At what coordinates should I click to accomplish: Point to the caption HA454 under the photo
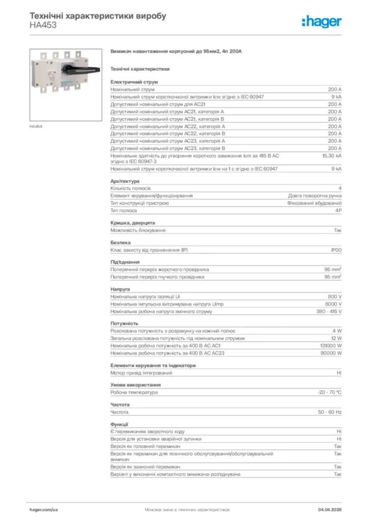(36, 126)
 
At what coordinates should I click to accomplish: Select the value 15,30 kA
(332, 156)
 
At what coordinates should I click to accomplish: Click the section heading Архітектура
(125, 181)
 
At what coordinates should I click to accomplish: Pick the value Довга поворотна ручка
(315, 196)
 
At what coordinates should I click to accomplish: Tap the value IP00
(336, 250)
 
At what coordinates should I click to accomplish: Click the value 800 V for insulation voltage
(334, 297)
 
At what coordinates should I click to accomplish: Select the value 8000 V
(333, 304)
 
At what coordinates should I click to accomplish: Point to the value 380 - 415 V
(329, 311)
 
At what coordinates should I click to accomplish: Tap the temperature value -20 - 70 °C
(329, 392)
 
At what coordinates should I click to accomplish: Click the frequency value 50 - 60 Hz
(330, 412)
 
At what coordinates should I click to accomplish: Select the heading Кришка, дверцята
(133, 223)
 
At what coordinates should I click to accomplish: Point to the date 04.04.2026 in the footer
(329, 509)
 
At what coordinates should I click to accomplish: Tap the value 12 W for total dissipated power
(336, 338)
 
